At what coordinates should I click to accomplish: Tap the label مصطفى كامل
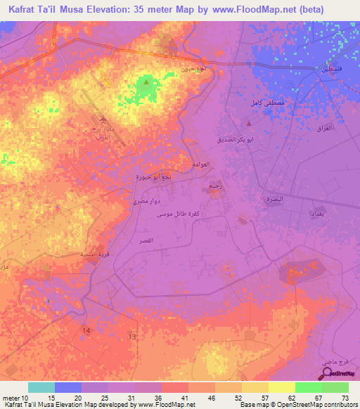266,103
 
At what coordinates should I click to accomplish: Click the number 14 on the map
86,330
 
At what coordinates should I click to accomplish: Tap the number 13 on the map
131,337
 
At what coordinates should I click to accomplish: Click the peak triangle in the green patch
146,83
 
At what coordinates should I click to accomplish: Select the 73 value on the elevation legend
345,398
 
